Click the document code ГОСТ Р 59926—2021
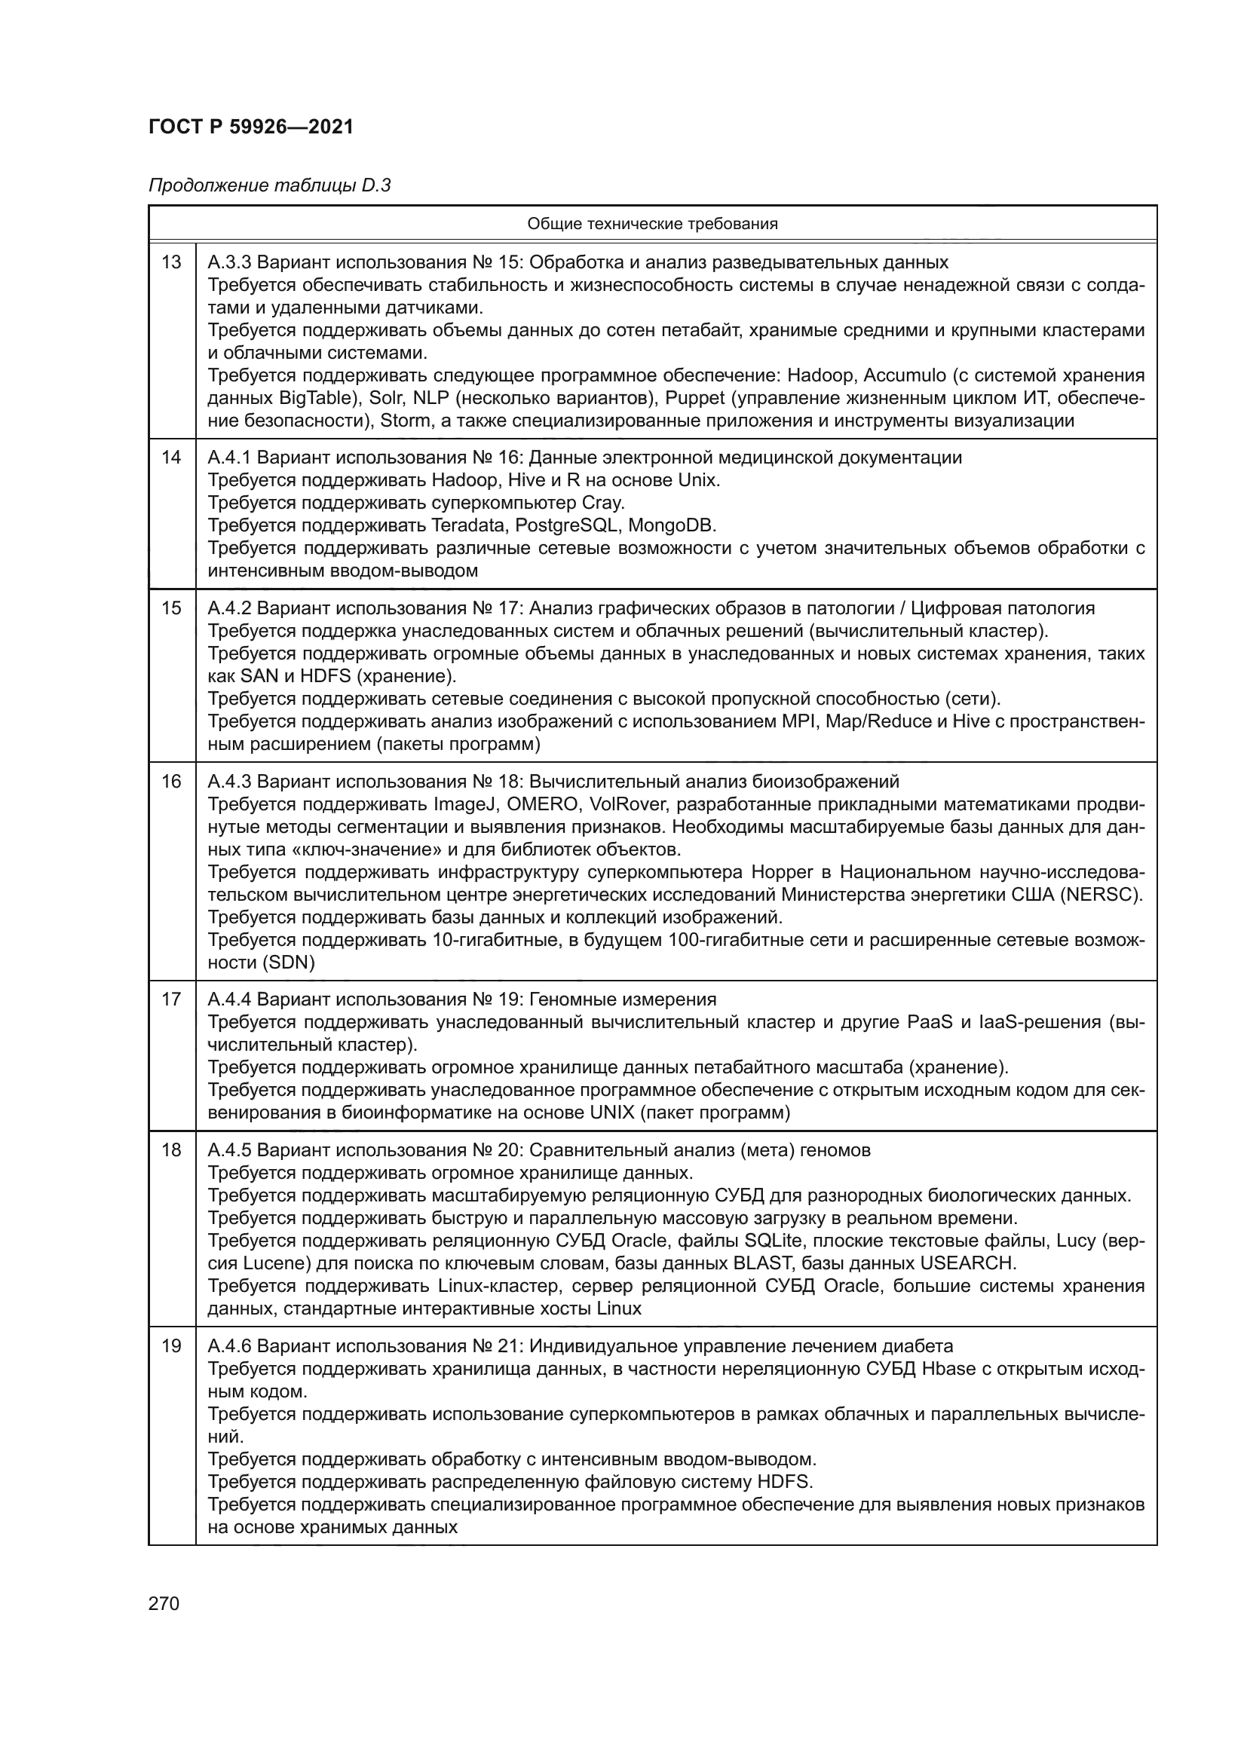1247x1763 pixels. pyautogui.click(x=250, y=127)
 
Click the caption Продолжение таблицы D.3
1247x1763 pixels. pyautogui.click(x=269, y=185)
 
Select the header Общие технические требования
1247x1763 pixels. pyautogui.click(x=652, y=224)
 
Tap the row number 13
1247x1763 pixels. pyautogui.click(x=171, y=262)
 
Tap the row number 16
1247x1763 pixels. pyautogui.click(x=171, y=782)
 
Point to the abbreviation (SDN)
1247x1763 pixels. pyautogui.click(x=290, y=963)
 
